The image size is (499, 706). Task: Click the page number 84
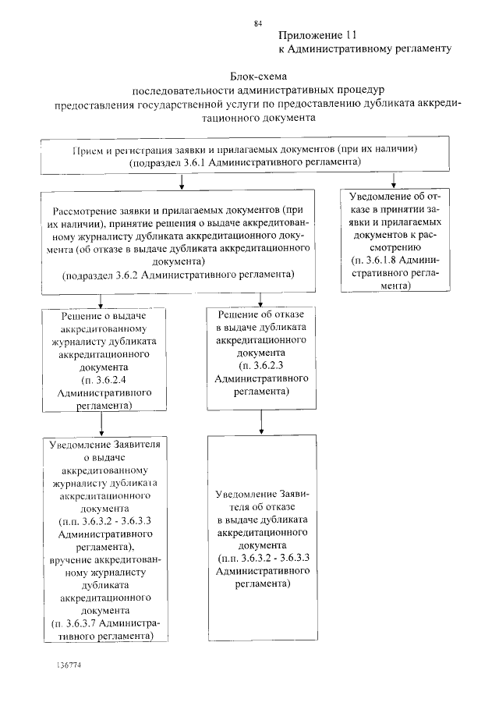[258, 24]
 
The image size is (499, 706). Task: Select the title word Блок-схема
[258, 76]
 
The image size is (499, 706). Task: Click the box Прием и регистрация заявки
[243, 157]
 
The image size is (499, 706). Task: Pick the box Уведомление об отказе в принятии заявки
[398, 239]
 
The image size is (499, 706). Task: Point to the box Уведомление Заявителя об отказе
[260, 539]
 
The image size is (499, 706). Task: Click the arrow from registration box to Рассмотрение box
[182, 183]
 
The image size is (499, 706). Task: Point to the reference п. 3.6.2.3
[260, 365]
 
